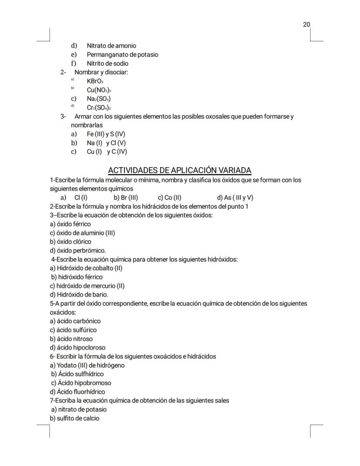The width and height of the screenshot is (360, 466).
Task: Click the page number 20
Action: coord(307,24)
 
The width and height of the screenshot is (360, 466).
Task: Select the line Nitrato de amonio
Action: coord(111,46)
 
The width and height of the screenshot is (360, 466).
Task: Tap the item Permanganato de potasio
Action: coord(122,55)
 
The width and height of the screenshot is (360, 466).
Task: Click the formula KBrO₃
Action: coord(95,81)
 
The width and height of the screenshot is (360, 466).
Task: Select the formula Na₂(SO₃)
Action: coord(98,99)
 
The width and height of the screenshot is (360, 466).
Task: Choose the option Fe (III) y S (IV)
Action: coord(106,134)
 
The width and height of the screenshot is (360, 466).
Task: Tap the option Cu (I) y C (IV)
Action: coord(107,152)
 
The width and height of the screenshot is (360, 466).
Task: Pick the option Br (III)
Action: coord(126,198)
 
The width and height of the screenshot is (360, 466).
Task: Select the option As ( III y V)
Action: coord(235,198)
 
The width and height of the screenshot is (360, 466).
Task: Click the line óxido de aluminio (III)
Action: coord(82,233)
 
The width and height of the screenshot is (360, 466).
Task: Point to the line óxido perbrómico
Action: coord(78,251)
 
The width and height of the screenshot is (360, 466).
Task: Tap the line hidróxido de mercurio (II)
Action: coord(87,286)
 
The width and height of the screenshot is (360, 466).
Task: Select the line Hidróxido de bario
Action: coord(79,295)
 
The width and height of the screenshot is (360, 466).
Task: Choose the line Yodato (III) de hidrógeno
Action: coord(87,365)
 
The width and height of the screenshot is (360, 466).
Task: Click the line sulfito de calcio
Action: coord(74,418)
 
